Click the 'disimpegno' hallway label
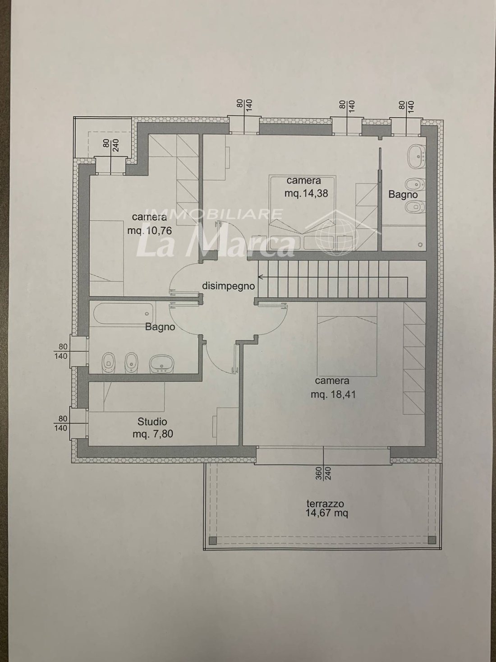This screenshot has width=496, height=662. click(x=229, y=286)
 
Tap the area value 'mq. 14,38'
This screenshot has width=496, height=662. click(x=306, y=193)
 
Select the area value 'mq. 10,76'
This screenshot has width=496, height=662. click(x=149, y=231)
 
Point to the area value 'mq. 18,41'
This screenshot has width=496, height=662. click(x=333, y=394)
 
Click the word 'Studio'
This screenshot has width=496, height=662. click(x=152, y=421)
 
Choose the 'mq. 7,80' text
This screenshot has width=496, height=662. click(x=153, y=434)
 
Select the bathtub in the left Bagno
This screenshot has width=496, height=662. click(x=123, y=314)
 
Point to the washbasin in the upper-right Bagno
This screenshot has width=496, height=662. click(x=416, y=157)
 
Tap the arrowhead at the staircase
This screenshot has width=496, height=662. click(x=260, y=276)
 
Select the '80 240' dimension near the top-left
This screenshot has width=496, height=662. click(x=111, y=145)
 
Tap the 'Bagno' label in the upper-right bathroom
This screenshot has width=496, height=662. click(x=403, y=194)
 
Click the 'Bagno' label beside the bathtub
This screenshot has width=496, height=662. click(x=160, y=327)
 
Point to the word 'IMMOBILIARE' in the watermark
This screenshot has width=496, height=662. click(x=214, y=214)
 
